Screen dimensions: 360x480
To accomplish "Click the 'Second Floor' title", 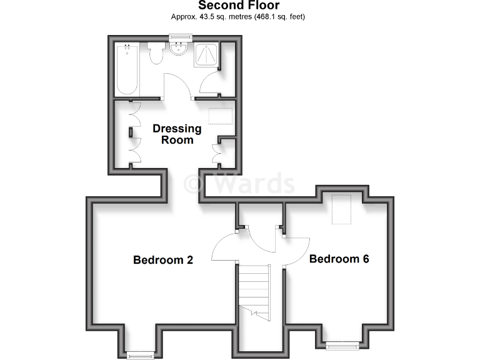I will coord(239,6).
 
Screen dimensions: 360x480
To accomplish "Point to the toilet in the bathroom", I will coord(156,54).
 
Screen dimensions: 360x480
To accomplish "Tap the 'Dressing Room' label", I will coord(177,134).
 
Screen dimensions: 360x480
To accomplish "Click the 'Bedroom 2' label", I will coord(162,260).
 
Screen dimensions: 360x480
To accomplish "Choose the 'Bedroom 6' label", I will coord(339,259).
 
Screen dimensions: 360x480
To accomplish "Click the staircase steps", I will coord(254,287).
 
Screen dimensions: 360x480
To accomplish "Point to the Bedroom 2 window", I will coord(140,355).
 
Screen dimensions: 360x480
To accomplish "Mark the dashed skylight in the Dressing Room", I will coord(219,116).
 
